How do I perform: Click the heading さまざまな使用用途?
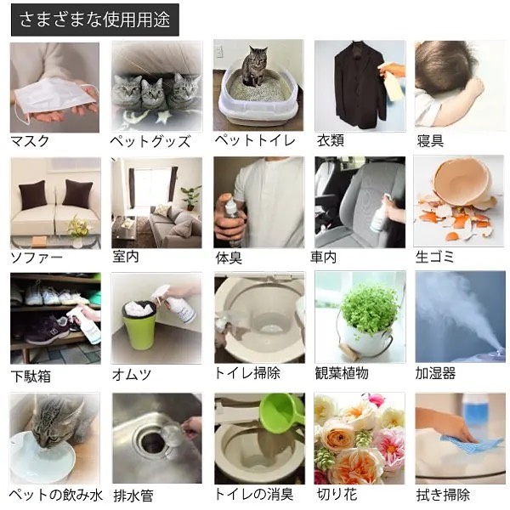[94, 20]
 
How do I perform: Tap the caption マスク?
[30, 141]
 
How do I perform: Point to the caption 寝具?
[430, 141]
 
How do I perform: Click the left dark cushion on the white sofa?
[32, 195]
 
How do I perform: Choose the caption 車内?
[323, 258]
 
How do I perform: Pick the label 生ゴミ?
[434, 257]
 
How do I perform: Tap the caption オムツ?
[132, 374]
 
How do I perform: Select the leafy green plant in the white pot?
[365, 306]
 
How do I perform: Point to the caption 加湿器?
[435, 373]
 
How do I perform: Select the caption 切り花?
[337, 495]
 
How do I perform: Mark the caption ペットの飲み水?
[55, 495]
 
